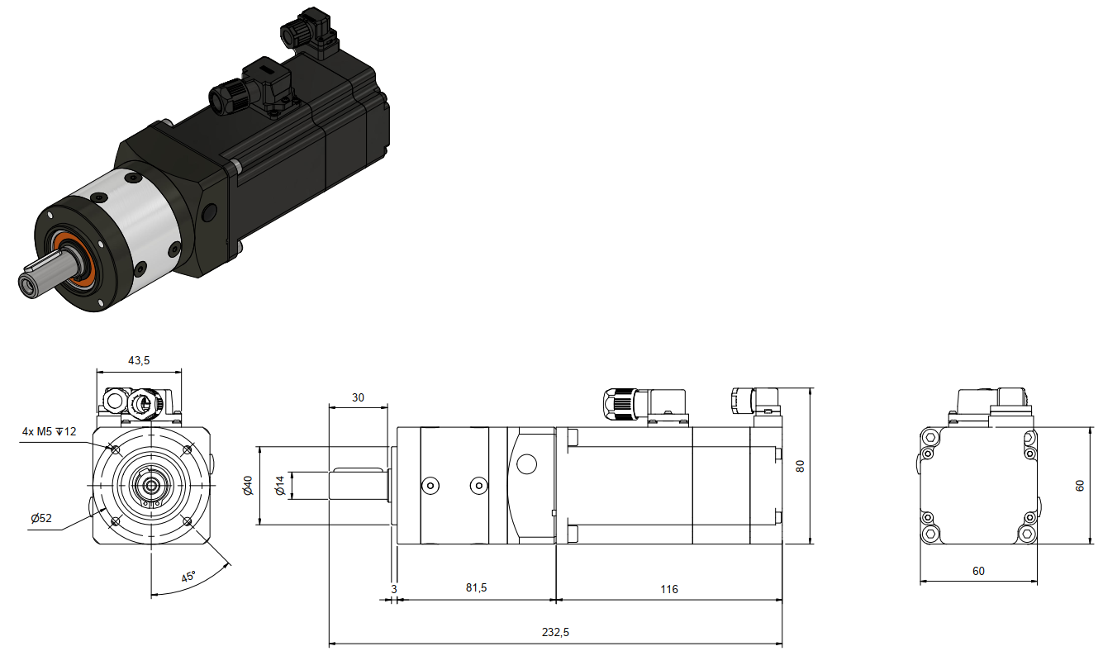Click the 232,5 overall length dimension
point(555,632)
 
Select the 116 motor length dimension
point(669,589)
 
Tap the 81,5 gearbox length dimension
point(476,587)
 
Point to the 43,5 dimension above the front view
point(139,360)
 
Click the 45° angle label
point(188,577)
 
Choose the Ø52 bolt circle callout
point(40,518)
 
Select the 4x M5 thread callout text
point(50,432)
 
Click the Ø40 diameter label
point(248,486)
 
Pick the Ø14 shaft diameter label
point(280,486)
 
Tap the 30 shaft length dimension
point(358,398)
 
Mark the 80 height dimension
point(800,466)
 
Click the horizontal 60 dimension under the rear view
point(978,571)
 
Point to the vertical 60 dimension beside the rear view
point(1080,486)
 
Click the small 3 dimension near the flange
point(394,589)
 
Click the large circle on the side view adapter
point(526,463)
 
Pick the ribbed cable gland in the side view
point(619,404)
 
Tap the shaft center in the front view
point(151,486)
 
